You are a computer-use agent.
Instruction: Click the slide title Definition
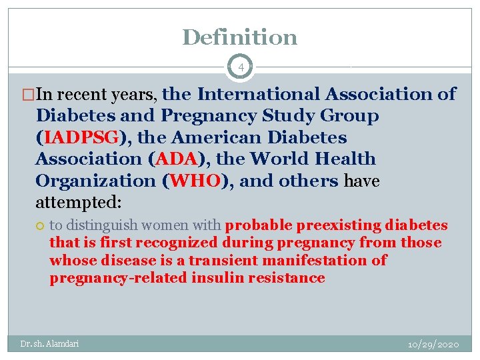click(239, 37)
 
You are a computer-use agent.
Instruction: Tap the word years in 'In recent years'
click(133, 95)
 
